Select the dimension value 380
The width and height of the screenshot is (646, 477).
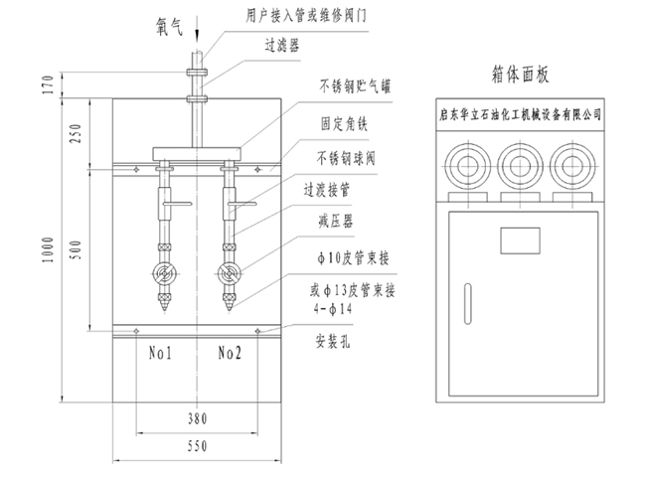click(196, 418)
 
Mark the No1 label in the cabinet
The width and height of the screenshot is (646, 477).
click(162, 352)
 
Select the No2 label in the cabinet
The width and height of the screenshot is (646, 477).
click(232, 352)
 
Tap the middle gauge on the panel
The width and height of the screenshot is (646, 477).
click(520, 163)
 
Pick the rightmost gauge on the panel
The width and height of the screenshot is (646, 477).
click(575, 163)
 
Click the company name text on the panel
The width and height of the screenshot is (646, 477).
click(520, 114)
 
